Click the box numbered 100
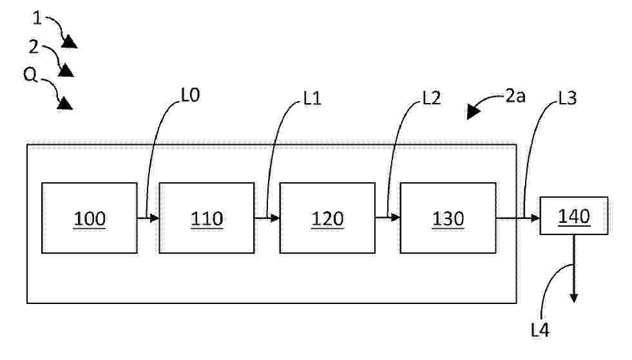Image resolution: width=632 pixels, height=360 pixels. [x=90, y=218]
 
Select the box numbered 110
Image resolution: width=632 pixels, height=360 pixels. [x=207, y=218]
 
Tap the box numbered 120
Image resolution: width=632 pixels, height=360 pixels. [x=327, y=218]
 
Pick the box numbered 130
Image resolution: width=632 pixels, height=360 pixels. [x=448, y=218]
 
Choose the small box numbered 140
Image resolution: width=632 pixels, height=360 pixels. [x=574, y=216]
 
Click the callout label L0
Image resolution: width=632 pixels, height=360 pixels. [x=190, y=95]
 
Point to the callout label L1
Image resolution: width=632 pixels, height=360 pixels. [x=312, y=99]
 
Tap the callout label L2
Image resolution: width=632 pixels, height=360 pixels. [x=431, y=98]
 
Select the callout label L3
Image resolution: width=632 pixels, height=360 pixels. [x=567, y=98]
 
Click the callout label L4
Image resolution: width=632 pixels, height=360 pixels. [x=540, y=330]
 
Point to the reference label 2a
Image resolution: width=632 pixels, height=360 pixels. [x=515, y=97]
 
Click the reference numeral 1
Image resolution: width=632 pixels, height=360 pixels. [x=37, y=18]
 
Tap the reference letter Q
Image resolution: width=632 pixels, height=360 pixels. [x=30, y=75]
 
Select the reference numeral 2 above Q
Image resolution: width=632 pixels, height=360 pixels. [x=34, y=47]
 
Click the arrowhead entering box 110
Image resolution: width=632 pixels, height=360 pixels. [x=155, y=218]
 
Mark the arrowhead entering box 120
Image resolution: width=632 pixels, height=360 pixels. [x=275, y=218]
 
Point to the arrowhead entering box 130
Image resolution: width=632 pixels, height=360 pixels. [x=396, y=218]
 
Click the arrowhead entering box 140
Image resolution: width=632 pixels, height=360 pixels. [x=535, y=218]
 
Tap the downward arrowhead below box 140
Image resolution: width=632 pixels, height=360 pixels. [x=574, y=298]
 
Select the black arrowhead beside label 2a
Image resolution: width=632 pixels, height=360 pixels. [x=473, y=111]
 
